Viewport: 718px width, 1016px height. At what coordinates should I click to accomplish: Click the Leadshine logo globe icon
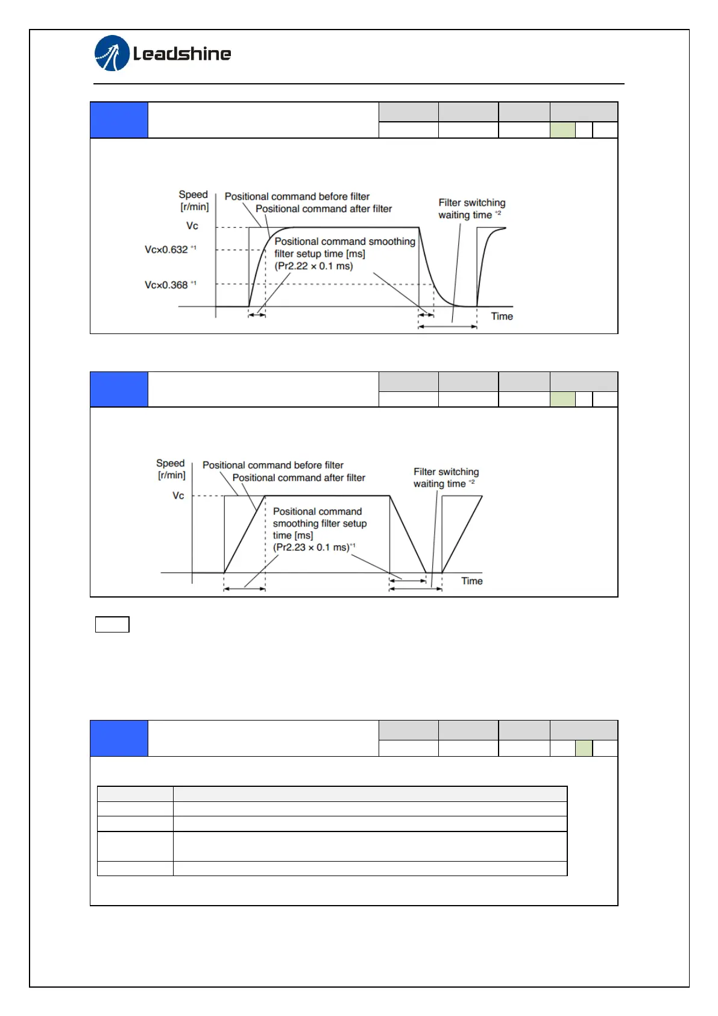pos(112,53)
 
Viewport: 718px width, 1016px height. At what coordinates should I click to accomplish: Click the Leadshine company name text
pos(182,54)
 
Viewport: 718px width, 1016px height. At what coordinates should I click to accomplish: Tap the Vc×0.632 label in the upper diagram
pos(167,250)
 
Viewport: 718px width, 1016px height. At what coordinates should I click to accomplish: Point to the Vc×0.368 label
pos(167,285)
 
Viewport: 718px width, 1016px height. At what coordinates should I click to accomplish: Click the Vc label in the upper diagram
pos(192,226)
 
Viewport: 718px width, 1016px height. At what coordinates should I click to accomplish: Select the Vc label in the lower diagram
pos(178,496)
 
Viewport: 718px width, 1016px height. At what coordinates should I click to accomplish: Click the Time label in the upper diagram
pos(502,317)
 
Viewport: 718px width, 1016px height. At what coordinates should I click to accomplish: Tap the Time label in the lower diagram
pos(471,581)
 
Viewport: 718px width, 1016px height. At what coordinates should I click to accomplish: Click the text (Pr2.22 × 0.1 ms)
pos(313,266)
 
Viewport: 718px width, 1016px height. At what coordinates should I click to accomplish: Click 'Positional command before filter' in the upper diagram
pos(297,197)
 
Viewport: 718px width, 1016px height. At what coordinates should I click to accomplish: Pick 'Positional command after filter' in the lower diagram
pos(299,478)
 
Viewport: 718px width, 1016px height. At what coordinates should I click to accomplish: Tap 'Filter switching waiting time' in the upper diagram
pos(471,209)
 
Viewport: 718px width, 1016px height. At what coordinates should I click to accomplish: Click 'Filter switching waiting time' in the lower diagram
pos(446,478)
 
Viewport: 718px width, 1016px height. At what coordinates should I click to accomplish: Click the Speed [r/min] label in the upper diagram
pos(194,201)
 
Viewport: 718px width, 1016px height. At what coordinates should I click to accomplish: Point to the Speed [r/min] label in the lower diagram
pos(171,469)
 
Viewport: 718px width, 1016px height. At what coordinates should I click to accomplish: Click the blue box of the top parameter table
pos(119,120)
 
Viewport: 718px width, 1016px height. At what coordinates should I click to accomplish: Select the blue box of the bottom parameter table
pos(119,738)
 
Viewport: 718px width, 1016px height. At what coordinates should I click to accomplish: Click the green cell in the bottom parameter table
pos(584,748)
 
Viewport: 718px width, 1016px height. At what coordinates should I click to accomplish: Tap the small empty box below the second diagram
pos(112,625)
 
